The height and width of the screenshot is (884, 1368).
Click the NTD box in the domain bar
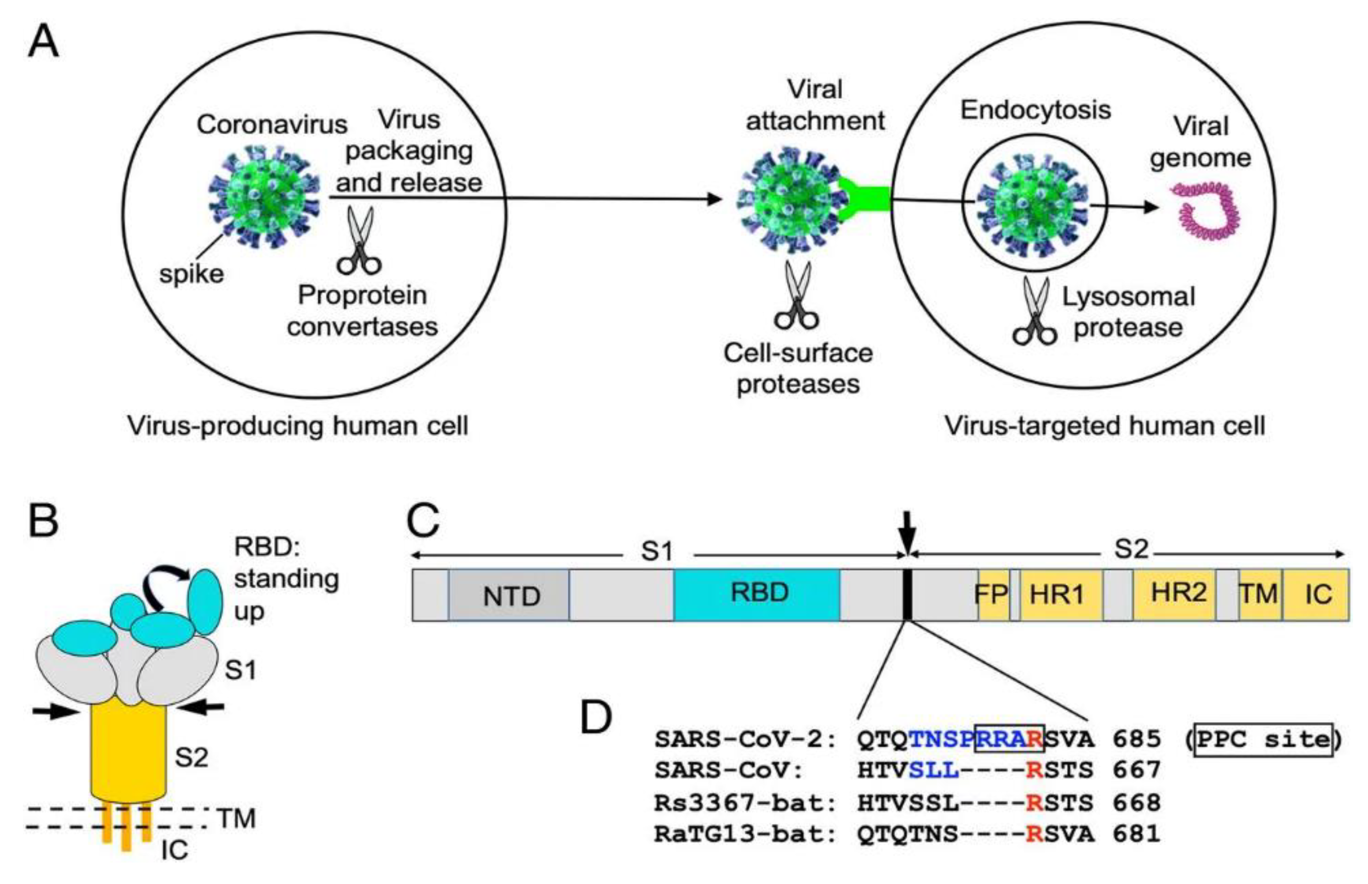tap(510, 595)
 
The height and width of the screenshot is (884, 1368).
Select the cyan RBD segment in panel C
tap(757, 594)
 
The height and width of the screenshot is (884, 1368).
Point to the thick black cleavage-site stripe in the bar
tap(907, 595)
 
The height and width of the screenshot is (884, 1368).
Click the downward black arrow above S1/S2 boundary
tap(907, 531)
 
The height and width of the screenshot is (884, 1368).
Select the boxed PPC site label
tap(1263, 739)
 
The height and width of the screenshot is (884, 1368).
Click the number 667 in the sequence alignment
tap(1137, 769)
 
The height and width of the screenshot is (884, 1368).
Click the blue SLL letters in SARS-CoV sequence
tap(934, 769)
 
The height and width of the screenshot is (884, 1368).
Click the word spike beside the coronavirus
tap(191, 274)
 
